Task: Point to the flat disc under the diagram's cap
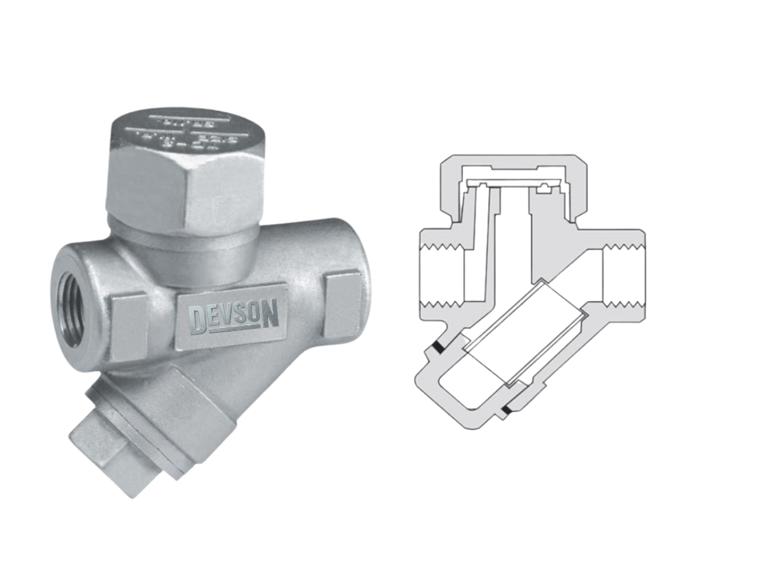click(x=513, y=183)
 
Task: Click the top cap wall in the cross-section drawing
click(x=513, y=163)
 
